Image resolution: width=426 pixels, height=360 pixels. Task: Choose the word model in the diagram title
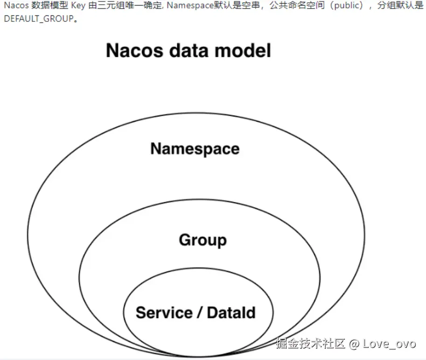tap(246, 50)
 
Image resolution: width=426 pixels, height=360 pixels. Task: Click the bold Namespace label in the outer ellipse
tap(195, 149)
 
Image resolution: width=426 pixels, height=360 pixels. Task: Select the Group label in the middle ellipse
tap(203, 240)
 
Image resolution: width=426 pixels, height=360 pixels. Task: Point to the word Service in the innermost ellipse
tap(164, 312)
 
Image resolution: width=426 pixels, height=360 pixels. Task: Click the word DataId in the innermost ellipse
tap(231, 312)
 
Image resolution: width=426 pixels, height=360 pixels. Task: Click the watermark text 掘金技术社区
tap(310, 344)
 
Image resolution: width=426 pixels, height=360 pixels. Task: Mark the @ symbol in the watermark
tap(355, 344)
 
